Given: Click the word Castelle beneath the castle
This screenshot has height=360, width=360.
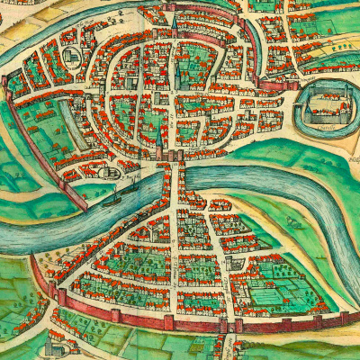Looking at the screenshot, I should pyautogui.click(x=325, y=128).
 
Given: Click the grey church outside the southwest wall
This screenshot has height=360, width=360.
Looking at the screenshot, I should pyautogui.click(x=56, y=345).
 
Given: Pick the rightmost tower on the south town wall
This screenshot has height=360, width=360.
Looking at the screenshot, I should pyautogui.click(x=344, y=317).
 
